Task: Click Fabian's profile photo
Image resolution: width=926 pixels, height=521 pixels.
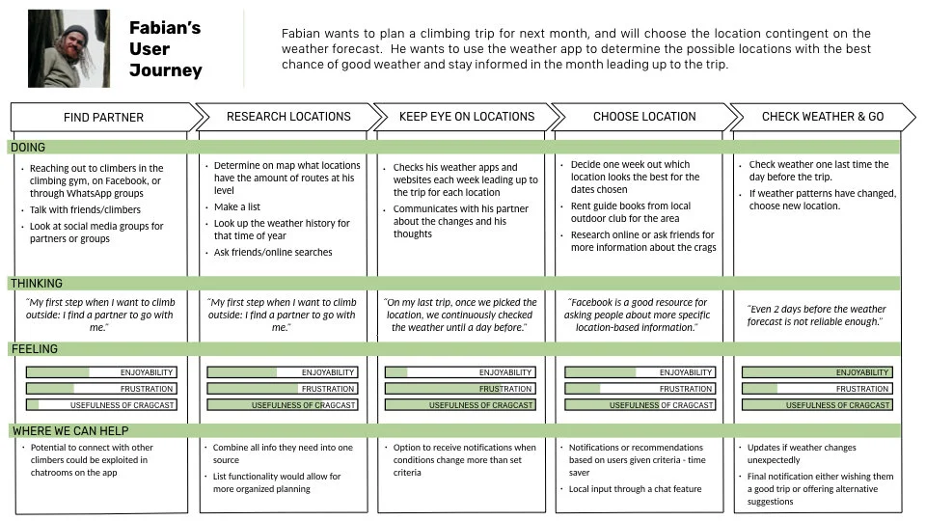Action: [68, 49]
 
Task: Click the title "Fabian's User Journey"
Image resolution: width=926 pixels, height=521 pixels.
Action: [165, 49]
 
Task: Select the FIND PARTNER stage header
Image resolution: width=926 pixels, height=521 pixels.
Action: [103, 118]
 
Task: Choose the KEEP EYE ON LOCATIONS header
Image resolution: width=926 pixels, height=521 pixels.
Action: [466, 117]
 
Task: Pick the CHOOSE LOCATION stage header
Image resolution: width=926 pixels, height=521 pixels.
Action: [643, 117]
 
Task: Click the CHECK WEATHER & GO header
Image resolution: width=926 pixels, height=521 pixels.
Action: [822, 117]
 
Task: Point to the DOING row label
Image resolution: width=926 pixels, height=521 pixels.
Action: [28, 148]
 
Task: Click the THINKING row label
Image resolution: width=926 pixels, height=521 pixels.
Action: [37, 284]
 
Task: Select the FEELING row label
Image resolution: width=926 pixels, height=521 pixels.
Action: [34, 349]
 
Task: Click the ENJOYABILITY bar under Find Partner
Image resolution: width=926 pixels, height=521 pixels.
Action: [100, 372]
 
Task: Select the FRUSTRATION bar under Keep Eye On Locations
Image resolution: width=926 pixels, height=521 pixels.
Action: [459, 389]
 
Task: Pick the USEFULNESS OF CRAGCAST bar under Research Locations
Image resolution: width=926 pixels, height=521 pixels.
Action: [282, 405]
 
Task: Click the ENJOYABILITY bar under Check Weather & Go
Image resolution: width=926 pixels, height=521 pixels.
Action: [816, 372]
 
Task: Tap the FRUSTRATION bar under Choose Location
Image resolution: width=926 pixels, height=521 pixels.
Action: [639, 389]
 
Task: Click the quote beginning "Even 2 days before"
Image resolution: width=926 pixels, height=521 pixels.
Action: [816, 315]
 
